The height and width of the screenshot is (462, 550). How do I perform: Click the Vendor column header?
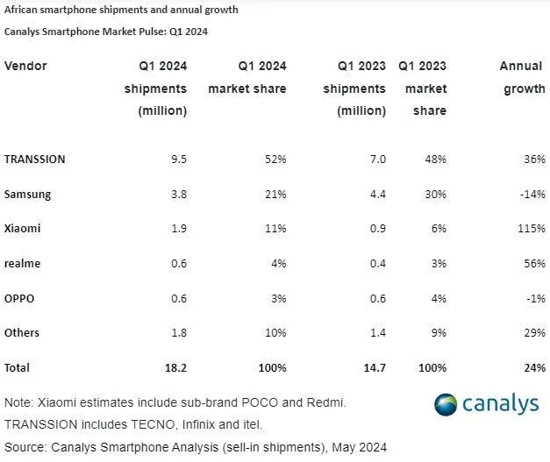pyautogui.click(x=25, y=67)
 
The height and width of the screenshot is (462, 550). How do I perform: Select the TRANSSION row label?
pyautogui.click(x=35, y=159)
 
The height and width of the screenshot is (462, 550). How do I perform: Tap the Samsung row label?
pyautogui.click(x=28, y=193)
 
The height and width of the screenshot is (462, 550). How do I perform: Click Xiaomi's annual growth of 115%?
pyautogui.click(x=531, y=228)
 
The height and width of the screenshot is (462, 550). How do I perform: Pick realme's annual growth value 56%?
pyautogui.click(x=533, y=263)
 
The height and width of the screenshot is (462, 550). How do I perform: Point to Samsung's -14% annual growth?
pyautogui.click(x=532, y=193)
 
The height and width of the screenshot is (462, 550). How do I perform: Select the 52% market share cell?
pyautogui.click(x=275, y=159)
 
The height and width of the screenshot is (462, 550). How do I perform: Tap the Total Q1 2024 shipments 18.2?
pyautogui.click(x=175, y=367)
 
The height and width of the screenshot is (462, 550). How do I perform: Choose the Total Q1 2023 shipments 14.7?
pyautogui.click(x=373, y=367)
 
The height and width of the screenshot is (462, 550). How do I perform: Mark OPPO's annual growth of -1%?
pyautogui.click(x=534, y=298)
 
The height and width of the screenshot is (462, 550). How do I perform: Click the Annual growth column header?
pyautogui.click(x=522, y=77)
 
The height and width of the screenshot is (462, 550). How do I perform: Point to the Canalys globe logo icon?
pyautogui.click(x=446, y=404)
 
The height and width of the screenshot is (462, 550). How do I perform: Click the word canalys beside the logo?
pyautogui.click(x=504, y=404)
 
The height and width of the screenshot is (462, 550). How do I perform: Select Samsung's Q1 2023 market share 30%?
pyautogui.click(x=434, y=193)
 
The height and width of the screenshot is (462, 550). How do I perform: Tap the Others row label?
pyautogui.click(x=23, y=333)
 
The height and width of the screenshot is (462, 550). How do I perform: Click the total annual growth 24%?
pyautogui.click(x=533, y=367)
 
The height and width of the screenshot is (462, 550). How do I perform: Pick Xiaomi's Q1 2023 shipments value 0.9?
pyautogui.click(x=376, y=228)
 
